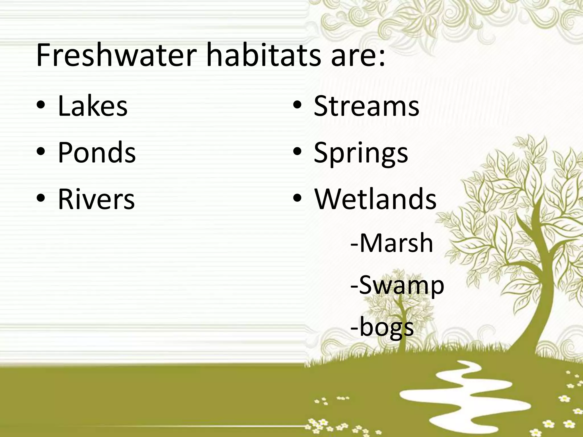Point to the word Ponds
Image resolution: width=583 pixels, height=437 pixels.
97,153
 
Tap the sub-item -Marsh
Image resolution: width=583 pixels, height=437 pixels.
392,243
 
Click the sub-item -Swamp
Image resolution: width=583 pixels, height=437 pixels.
397,286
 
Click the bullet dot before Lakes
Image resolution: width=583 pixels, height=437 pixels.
40,106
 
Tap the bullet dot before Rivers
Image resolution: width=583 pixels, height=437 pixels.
40,199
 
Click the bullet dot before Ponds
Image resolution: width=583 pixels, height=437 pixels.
40,152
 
